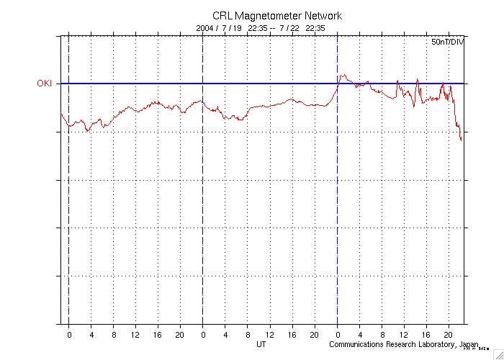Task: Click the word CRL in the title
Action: tap(222, 16)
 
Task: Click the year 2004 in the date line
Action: tap(205, 28)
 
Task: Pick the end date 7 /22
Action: tap(289, 28)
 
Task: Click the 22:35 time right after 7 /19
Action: tap(257, 28)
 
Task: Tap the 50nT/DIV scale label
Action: tap(447, 43)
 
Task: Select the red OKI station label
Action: tap(45, 84)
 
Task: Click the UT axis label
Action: tap(262, 344)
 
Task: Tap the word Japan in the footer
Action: tap(470, 344)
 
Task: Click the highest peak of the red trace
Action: tap(343, 74)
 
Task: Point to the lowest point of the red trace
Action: tap(462, 140)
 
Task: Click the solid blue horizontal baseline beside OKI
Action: tap(216, 84)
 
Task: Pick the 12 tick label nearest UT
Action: tap(270, 335)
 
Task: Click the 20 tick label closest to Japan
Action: tap(448, 335)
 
